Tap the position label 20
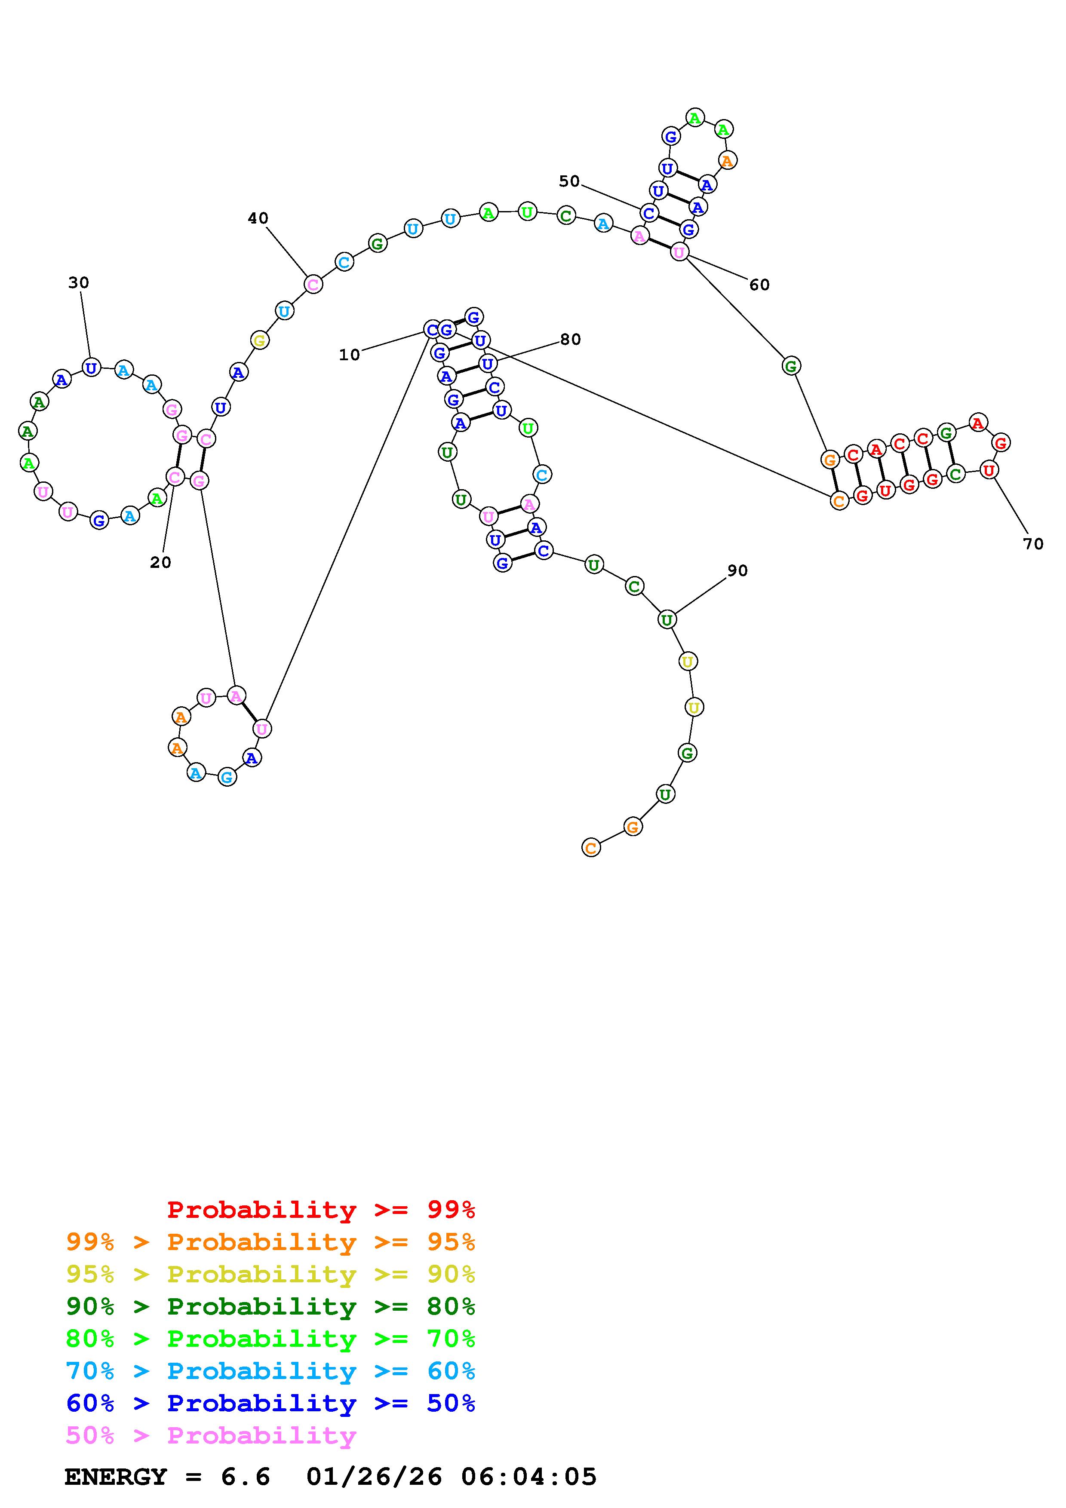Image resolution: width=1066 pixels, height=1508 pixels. (x=160, y=562)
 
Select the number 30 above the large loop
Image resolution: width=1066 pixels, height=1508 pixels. (x=78, y=282)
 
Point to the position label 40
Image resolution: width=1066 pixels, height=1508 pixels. (x=258, y=218)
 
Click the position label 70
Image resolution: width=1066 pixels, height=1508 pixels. (x=1033, y=544)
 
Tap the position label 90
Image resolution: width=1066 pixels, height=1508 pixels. (x=737, y=571)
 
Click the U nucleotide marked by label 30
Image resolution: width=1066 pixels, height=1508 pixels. (x=91, y=368)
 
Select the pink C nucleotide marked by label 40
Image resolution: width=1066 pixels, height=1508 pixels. (x=313, y=285)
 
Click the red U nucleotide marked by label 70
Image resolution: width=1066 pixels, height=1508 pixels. (x=989, y=469)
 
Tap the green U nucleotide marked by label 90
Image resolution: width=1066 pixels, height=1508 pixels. (x=667, y=619)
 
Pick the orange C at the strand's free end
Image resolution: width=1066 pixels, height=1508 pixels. (x=591, y=848)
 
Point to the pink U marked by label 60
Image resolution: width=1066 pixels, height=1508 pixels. (x=679, y=251)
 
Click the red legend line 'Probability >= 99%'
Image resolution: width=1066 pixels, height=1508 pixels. (x=320, y=1210)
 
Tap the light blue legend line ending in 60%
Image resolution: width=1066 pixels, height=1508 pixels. (x=270, y=1371)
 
